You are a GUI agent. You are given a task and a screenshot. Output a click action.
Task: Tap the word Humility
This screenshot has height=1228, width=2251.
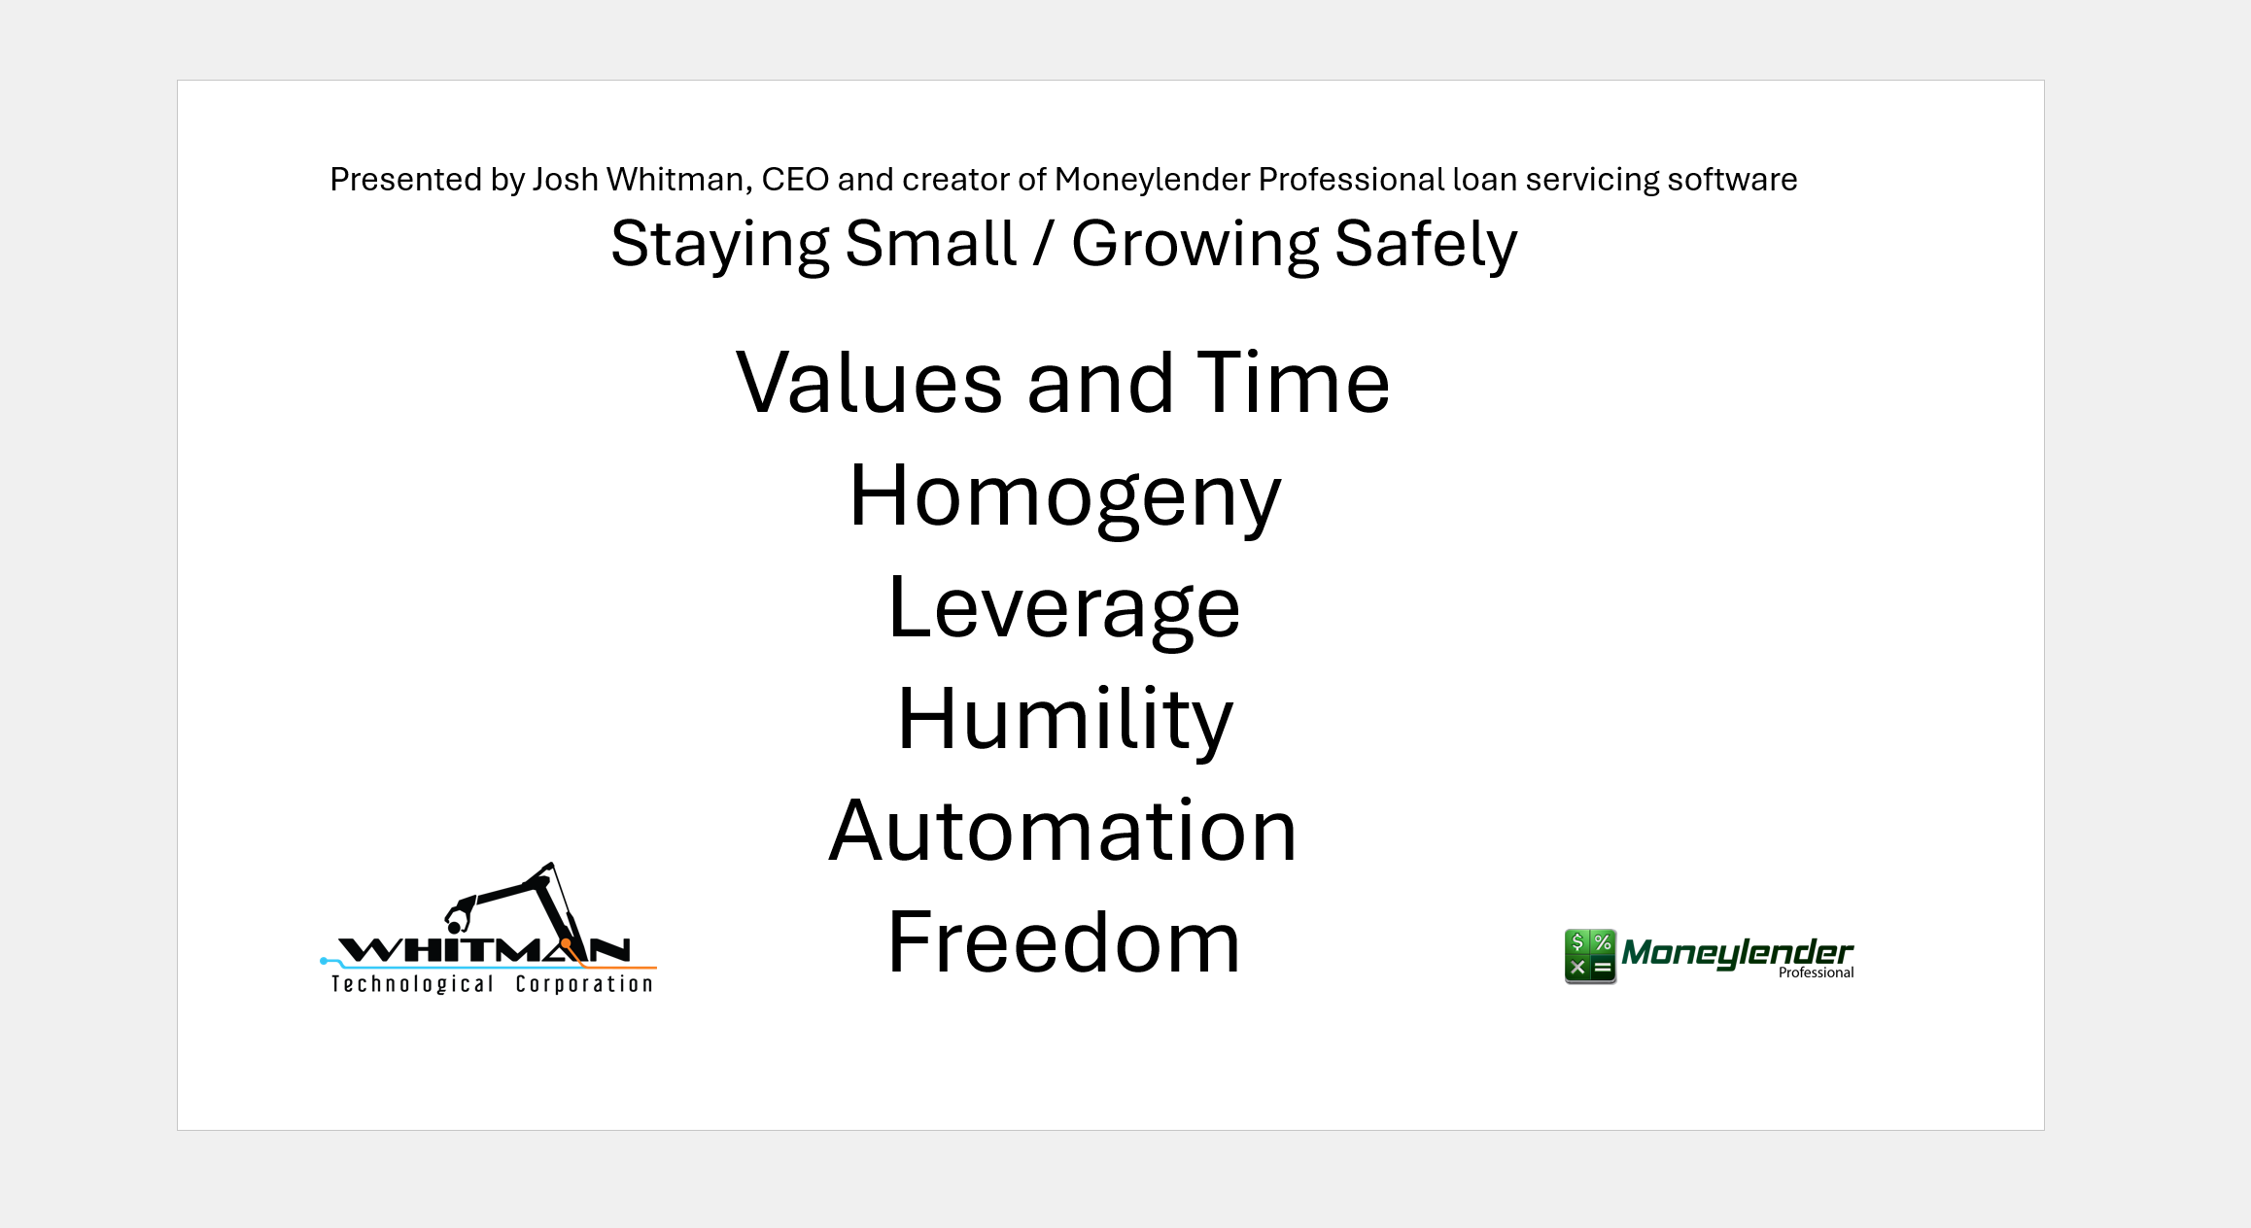pyautogui.click(x=1064, y=721)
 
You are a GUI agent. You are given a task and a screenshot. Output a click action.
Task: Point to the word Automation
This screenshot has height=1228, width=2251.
pyautogui.click(x=1063, y=831)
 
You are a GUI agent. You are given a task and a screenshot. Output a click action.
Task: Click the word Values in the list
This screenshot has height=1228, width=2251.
pyautogui.click(x=869, y=383)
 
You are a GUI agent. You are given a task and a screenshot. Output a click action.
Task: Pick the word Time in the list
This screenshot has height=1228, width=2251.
pyautogui.click(x=1294, y=383)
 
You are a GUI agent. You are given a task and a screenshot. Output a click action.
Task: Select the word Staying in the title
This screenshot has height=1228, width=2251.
pyautogui.click(x=720, y=245)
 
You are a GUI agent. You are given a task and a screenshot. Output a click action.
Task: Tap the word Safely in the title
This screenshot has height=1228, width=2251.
pyautogui.click(x=1426, y=245)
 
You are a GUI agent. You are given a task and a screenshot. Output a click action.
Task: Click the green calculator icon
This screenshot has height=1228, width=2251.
pyautogui.click(x=1590, y=956)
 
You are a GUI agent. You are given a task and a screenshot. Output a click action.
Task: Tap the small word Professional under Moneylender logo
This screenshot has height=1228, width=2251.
pyautogui.click(x=1816, y=972)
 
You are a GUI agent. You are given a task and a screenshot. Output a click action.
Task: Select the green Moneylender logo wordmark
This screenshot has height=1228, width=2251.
pyautogui.click(x=1737, y=953)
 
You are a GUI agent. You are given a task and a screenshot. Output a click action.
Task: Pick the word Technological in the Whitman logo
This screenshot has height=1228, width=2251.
pyautogui.click(x=413, y=984)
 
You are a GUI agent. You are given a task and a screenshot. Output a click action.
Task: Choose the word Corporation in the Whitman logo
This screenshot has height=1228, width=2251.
pyautogui.click(x=584, y=984)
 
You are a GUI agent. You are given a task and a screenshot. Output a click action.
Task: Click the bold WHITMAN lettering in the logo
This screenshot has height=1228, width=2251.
pyautogui.click(x=484, y=949)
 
